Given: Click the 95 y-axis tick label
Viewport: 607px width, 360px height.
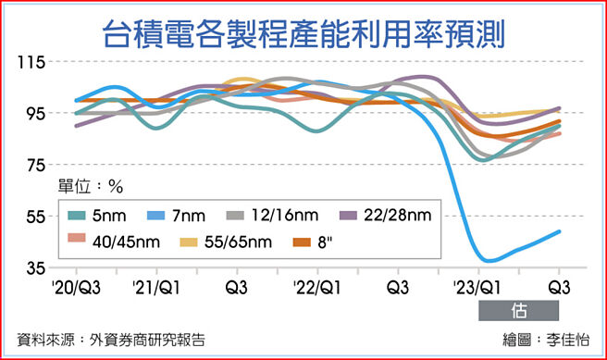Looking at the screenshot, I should (33, 114).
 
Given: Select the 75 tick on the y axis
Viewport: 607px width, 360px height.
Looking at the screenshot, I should (33, 166).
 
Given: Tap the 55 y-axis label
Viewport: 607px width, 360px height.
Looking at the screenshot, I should (33, 217).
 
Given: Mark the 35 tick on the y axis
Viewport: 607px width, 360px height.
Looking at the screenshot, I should (33, 268).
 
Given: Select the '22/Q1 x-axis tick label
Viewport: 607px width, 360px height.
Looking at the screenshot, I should (316, 287).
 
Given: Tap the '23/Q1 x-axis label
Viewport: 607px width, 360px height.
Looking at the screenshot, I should (477, 287).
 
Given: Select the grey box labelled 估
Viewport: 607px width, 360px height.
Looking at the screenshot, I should (519, 309).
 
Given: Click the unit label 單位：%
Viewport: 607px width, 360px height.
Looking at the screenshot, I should (90, 185).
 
